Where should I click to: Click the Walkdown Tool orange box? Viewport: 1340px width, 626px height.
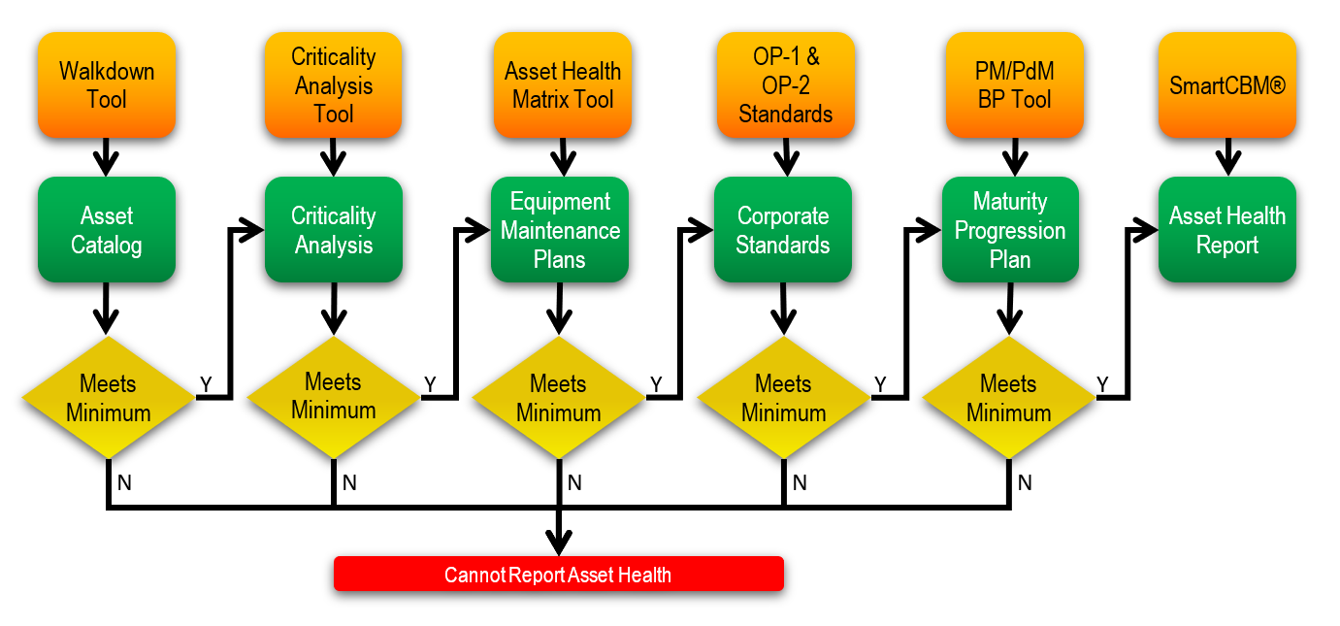pos(107,84)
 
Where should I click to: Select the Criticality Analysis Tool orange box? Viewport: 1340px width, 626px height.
pos(333,84)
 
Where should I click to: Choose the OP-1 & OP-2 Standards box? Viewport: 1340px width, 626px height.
pos(785,84)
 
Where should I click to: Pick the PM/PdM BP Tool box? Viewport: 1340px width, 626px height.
pos(1014,84)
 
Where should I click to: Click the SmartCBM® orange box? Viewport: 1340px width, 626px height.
pos(1226,84)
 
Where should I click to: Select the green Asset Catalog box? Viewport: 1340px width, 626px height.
pos(107,230)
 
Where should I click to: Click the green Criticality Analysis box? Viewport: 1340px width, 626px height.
pos(333,230)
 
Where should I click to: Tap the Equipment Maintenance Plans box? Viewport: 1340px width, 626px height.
pos(560,230)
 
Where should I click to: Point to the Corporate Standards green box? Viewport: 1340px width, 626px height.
pos(783,230)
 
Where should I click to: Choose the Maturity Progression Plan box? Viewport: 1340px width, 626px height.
pos(1010,230)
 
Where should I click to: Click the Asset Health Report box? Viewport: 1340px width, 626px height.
pos(1226,230)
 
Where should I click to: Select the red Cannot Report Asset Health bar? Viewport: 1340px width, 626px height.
pos(558,574)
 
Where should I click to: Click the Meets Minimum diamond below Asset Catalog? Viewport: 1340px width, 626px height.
pos(108,398)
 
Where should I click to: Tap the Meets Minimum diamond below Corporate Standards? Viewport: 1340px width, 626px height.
pos(783,398)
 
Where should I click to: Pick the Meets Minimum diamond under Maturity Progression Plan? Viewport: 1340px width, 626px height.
pos(1008,398)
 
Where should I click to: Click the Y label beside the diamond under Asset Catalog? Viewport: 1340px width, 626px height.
pos(206,384)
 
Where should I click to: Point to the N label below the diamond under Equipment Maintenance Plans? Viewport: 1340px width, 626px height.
pos(574,482)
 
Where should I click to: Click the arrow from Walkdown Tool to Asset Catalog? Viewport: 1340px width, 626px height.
pos(107,156)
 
